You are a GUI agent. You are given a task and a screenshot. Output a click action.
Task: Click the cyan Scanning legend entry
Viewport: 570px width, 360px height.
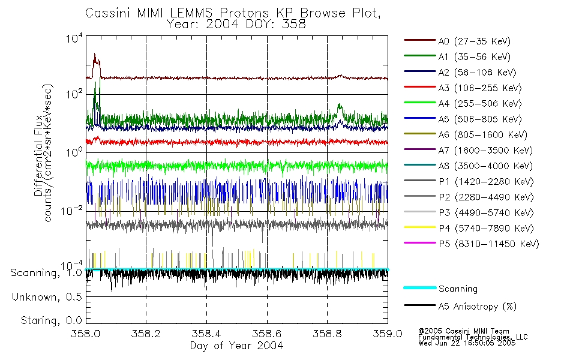[458, 289]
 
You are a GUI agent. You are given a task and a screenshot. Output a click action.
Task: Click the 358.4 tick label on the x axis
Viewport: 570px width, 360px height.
[206, 334]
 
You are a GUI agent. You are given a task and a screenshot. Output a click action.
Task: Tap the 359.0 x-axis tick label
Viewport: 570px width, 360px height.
[388, 334]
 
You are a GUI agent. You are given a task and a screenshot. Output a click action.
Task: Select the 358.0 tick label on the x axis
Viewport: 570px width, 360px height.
[86, 334]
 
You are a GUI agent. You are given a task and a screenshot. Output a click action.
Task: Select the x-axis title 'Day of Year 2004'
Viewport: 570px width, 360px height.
[236, 346]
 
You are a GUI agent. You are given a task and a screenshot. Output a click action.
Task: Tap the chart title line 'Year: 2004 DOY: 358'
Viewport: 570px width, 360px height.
[238, 25]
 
